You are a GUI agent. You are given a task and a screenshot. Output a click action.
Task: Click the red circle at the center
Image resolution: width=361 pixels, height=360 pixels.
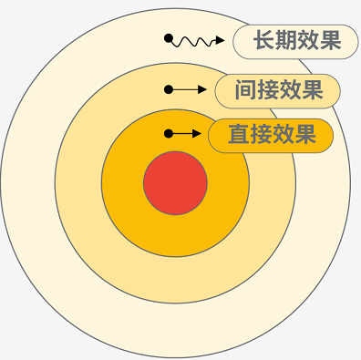[175, 183]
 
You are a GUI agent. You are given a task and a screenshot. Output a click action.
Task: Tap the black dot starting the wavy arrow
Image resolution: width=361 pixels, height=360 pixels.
[169, 39]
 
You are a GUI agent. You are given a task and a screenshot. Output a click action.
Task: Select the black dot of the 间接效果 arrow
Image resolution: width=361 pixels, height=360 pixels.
[169, 89]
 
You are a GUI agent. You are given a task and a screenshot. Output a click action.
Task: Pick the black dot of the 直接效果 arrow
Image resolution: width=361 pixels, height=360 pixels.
[169, 134]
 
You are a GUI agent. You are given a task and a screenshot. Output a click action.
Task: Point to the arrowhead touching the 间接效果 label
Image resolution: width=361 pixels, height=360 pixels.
[201, 89]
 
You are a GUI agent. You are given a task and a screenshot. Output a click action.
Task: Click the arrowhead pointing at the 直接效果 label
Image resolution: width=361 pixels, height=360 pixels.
[197, 134]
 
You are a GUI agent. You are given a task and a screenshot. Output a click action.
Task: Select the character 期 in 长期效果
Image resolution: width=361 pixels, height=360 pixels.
[286, 41]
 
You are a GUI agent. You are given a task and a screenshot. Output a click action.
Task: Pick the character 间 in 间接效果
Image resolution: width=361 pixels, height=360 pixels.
[244, 90]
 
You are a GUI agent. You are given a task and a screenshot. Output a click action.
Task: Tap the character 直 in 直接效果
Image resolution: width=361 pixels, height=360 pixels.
[239, 136]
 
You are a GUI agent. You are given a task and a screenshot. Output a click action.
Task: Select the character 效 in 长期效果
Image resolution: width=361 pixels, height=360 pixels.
[308, 41]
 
